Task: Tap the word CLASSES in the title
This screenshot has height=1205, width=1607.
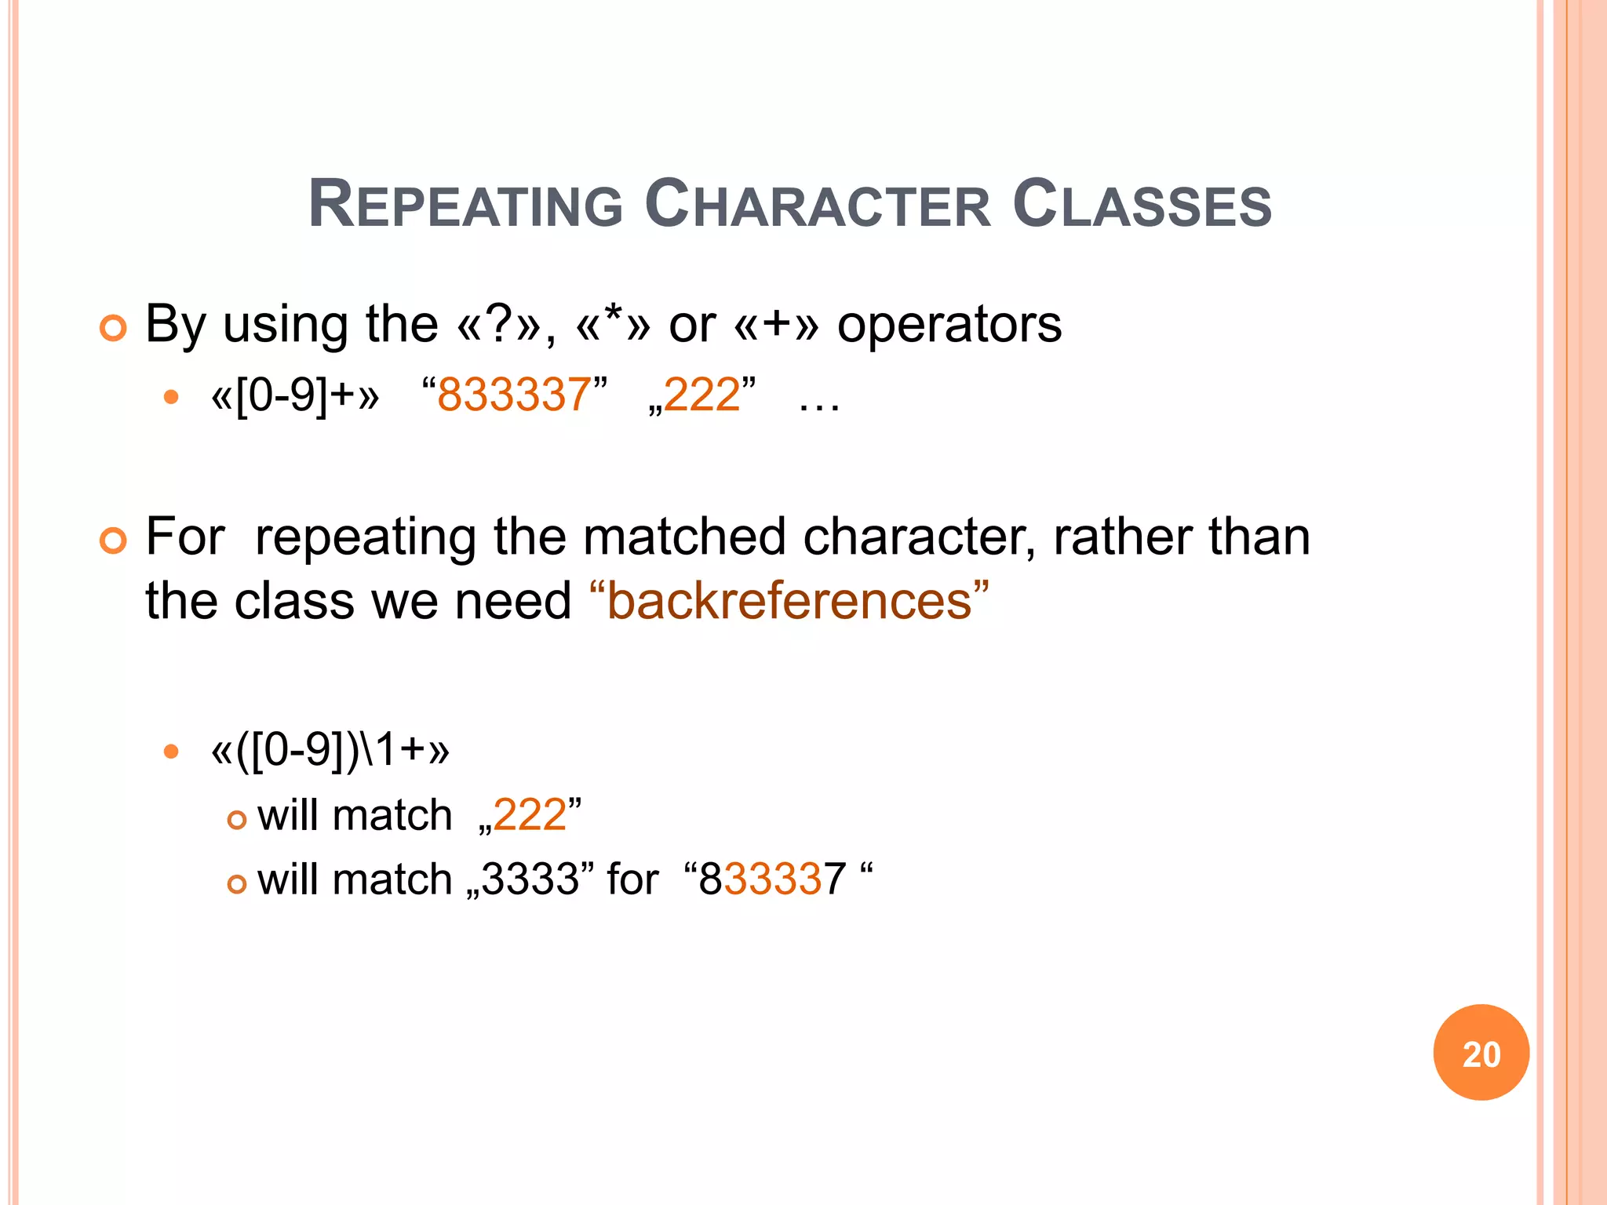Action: tap(1142, 205)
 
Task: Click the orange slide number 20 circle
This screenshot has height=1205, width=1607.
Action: tap(1481, 1053)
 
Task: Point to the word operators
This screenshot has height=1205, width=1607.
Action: tap(949, 324)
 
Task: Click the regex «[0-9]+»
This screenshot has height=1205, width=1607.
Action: tap(295, 395)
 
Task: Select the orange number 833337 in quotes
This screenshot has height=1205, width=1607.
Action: tap(514, 395)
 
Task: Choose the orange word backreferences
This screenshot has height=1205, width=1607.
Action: tap(789, 602)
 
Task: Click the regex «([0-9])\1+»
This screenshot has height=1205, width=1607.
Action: tap(330, 750)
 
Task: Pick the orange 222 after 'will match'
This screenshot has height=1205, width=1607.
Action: tap(530, 815)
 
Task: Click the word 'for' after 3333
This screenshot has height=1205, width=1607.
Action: tap(632, 879)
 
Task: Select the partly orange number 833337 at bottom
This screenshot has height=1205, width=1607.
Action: tap(772, 879)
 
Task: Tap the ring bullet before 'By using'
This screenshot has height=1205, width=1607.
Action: tap(113, 328)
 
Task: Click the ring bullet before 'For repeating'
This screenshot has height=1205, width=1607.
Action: tap(113, 541)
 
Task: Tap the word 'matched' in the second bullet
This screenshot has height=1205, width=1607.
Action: tap(684, 537)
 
